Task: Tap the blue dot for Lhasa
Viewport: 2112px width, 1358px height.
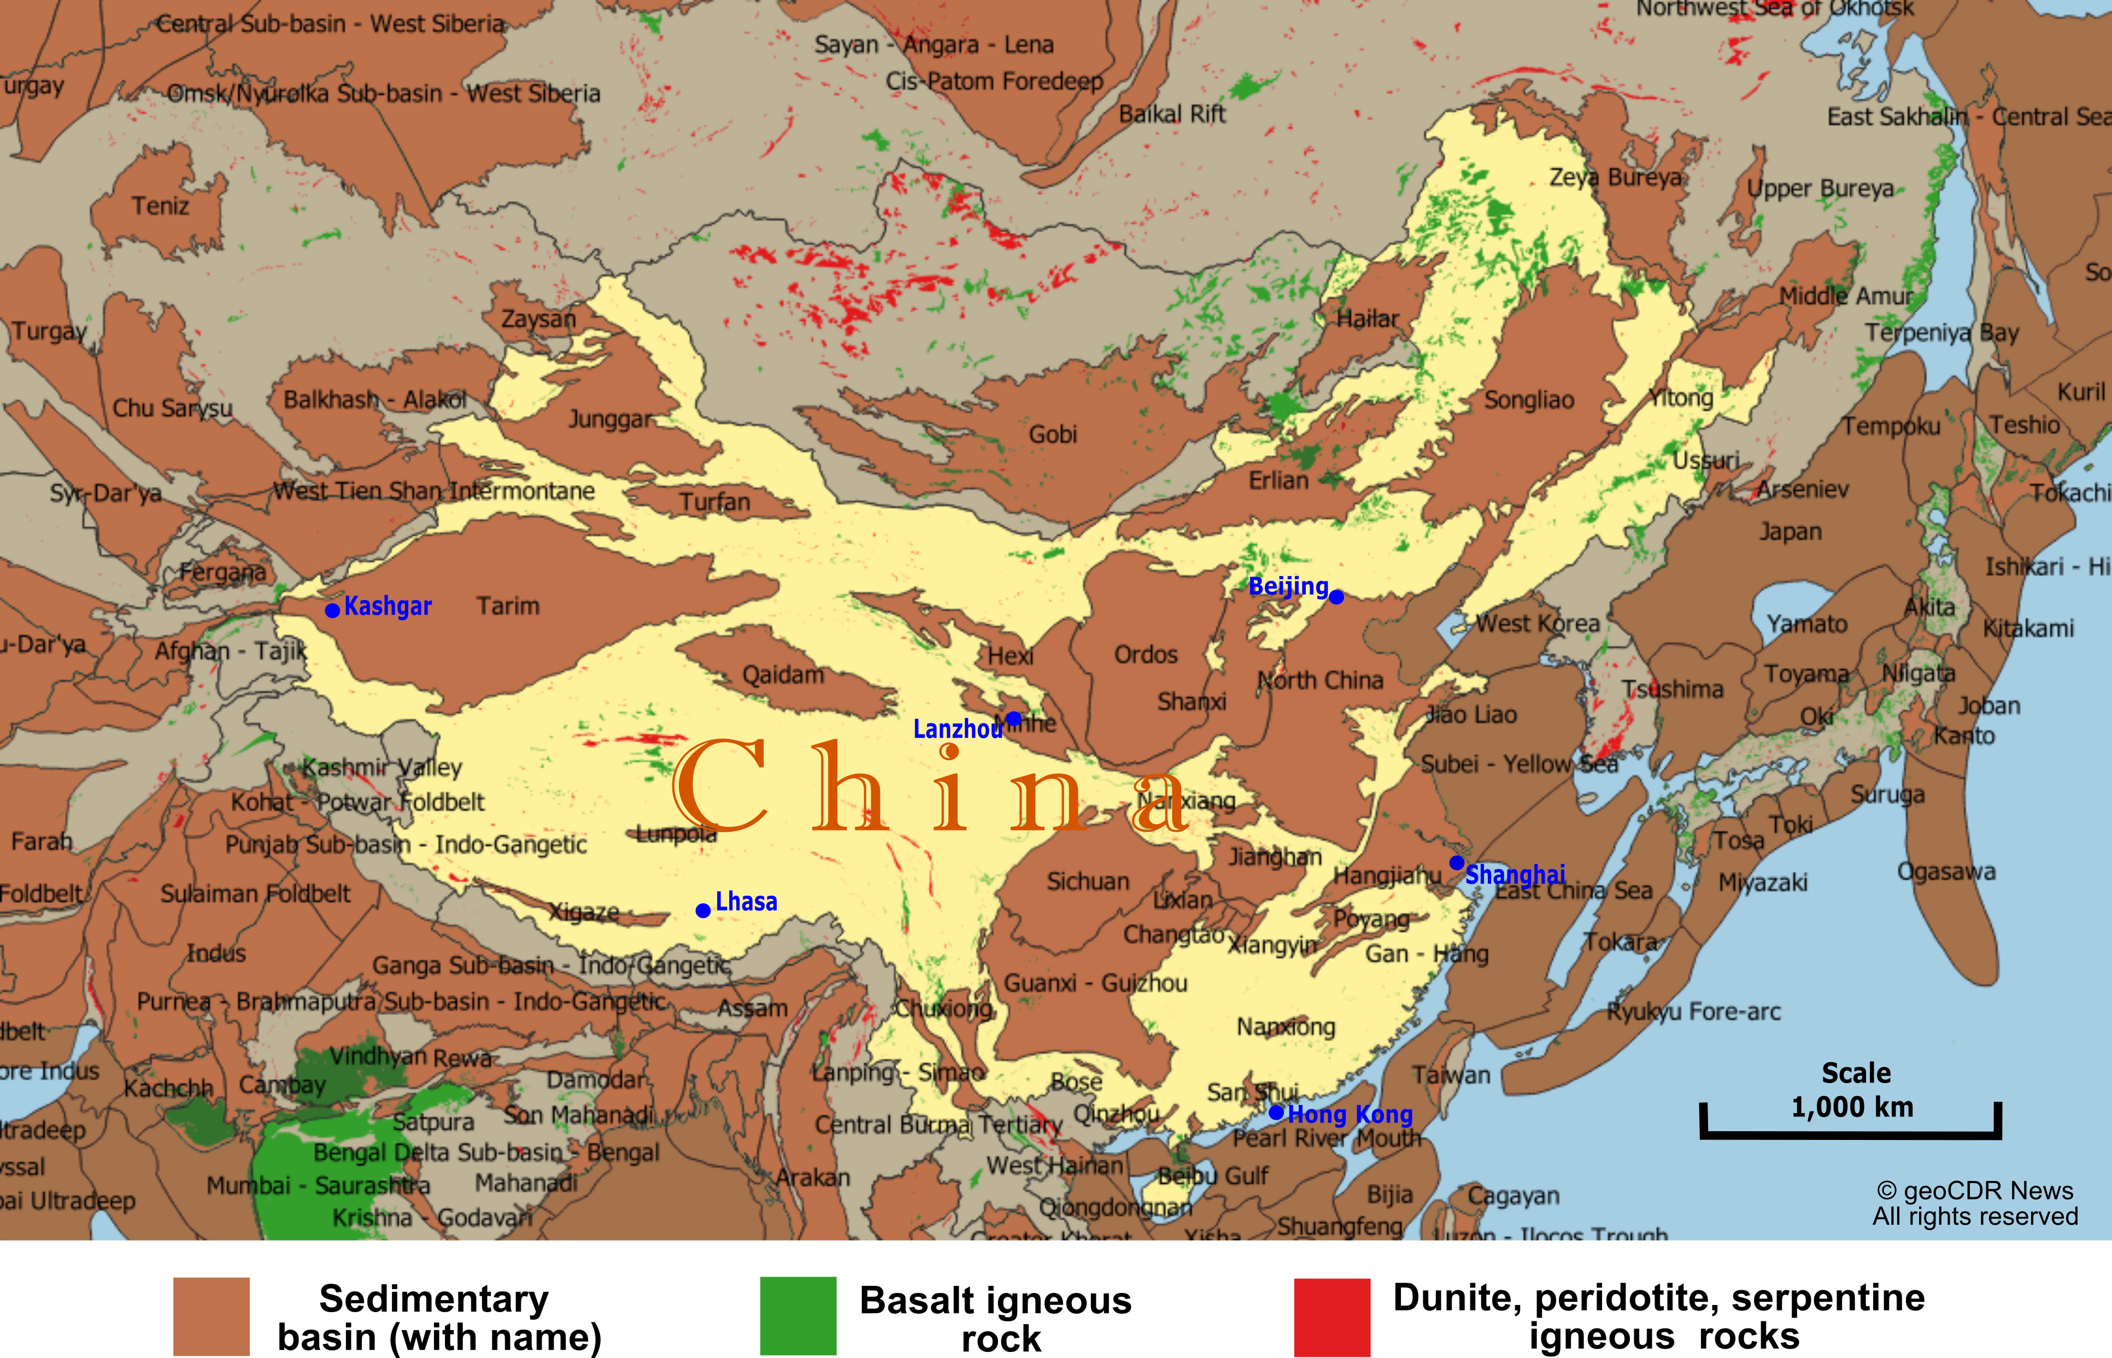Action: coord(703,910)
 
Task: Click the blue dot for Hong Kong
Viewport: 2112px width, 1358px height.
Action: coord(1276,1113)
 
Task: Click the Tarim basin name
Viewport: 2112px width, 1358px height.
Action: coord(508,607)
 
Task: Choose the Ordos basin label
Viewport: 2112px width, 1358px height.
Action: coord(1146,654)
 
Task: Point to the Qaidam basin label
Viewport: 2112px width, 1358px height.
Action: coord(783,675)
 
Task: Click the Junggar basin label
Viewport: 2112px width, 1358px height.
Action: coord(610,420)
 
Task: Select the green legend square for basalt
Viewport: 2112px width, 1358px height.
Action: coord(798,1316)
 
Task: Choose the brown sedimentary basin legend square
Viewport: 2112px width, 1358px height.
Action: coord(212,1316)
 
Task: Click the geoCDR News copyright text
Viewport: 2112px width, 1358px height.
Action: coord(1975,1203)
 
